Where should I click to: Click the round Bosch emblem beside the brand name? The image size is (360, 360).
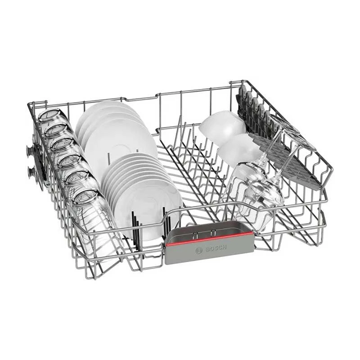tap(199, 251)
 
